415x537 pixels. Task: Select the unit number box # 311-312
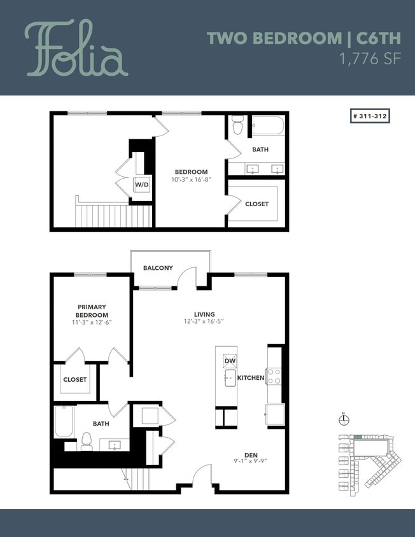tap(369, 116)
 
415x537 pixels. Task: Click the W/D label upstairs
tap(141, 185)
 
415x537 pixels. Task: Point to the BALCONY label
tap(157, 268)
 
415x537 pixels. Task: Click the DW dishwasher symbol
tap(229, 361)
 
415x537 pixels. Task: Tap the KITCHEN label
tap(250, 378)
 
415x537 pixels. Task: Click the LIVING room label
tap(204, 314)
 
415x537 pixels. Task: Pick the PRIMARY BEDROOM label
tap(92, 310)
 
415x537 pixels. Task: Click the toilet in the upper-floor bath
tap(238, 126)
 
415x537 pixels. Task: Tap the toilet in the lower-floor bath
tap(87, 441)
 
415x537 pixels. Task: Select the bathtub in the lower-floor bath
tap(64, 422)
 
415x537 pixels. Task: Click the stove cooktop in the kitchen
tap(274, 376)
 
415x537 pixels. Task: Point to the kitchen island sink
tap(229, 379)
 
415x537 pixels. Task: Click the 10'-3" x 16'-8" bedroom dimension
tap(191, 179)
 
